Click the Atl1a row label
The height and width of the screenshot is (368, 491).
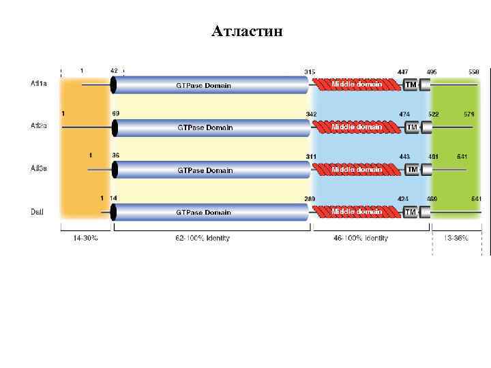(x=38, y=85)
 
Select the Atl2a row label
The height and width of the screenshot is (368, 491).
(x=38, y=126)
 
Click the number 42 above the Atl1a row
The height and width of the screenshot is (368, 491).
(x=114, y=70)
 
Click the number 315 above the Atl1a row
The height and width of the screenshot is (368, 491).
(x=310, y=71)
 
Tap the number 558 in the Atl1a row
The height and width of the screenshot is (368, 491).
(x=473, y=71)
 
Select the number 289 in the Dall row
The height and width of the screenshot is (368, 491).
(x=310, y=198)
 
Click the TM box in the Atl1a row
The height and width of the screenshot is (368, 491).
(x=410, y=85)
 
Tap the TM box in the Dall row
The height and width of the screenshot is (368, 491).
(x=410, y=213)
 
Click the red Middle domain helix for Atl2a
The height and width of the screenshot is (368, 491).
(x=356, y=127)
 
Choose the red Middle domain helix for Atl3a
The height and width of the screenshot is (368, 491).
(x=356, y=169)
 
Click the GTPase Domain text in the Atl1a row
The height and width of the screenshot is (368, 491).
(x=203, y=85)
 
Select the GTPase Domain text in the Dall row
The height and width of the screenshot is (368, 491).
(x=203, y=213)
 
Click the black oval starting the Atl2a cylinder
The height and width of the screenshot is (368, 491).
(x=114, y=127)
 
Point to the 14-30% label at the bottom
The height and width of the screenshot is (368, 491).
(x=85, y=238)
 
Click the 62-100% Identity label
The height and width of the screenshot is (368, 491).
(x=202, y=238)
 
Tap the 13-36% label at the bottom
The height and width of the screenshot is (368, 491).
(x=456, y=238)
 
